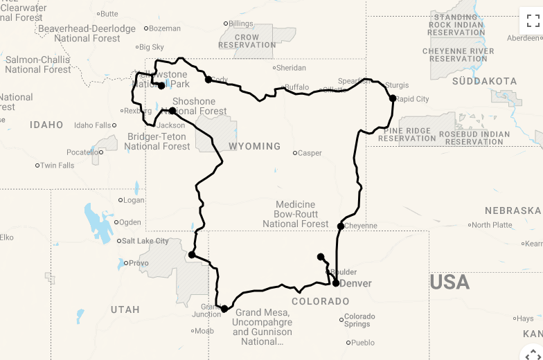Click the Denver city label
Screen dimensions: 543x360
pos(356,283)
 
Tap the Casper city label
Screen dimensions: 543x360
pos(310,153)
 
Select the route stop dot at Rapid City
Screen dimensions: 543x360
pos(393,98)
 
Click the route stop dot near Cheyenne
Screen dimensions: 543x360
pos(341,226)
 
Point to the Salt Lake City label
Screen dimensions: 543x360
pos(145,241)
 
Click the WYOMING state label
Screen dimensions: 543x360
pos(255,146)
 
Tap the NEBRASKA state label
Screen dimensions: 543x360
pos(513,210)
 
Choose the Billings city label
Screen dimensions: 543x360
pos(240,24)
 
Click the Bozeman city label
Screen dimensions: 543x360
pos(165,28)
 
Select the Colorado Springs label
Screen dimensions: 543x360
pos(359,320)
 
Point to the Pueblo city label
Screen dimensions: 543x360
pos(362,343)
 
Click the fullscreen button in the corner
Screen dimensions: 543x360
pos(533,21)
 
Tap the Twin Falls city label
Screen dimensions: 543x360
pos(57,165)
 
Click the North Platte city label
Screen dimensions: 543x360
pos(492,225)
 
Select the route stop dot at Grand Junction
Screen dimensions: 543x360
pos(224,309)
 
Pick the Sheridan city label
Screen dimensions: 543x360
pos(291,68)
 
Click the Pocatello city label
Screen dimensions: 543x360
pos(82,152)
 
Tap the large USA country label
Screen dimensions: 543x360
pos(449,282)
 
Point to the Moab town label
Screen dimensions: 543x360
pos(204,331)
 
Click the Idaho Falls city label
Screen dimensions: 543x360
pos(92,125)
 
